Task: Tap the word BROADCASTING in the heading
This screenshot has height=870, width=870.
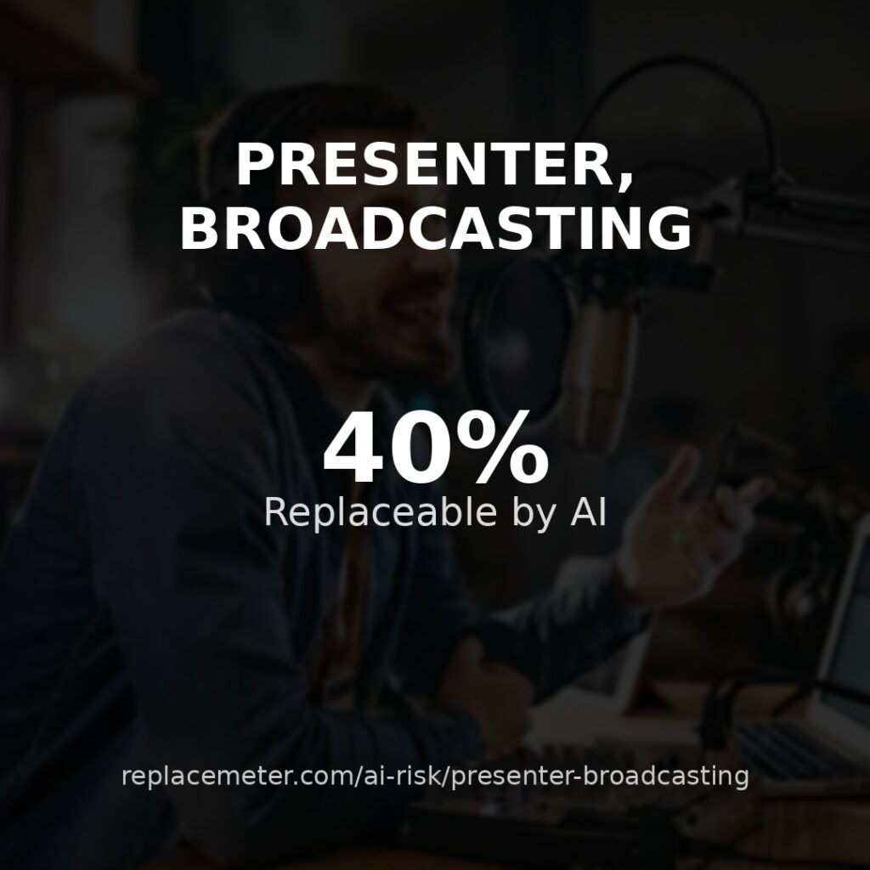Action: pos(436,228)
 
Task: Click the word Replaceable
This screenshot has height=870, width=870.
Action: pos(380,511)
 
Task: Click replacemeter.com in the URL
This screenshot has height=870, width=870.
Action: pos(238,776)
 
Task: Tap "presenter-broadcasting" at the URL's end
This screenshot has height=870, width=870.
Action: pos(600,777)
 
